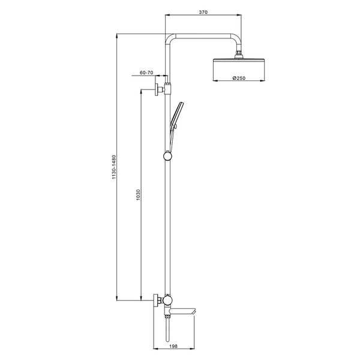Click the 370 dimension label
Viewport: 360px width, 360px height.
(x=203, y=12)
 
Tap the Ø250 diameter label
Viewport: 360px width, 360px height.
(x=239, y=78)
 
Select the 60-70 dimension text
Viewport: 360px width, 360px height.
(x=146, y=73)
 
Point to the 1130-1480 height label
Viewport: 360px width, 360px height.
(x=114, y=167)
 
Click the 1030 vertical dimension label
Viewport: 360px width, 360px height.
(x=138, y=194)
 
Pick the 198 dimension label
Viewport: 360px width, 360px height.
(x=173, y=346)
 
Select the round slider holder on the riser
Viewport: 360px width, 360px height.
(x=167, y=156)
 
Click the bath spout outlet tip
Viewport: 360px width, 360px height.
(x=194, y=312)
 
